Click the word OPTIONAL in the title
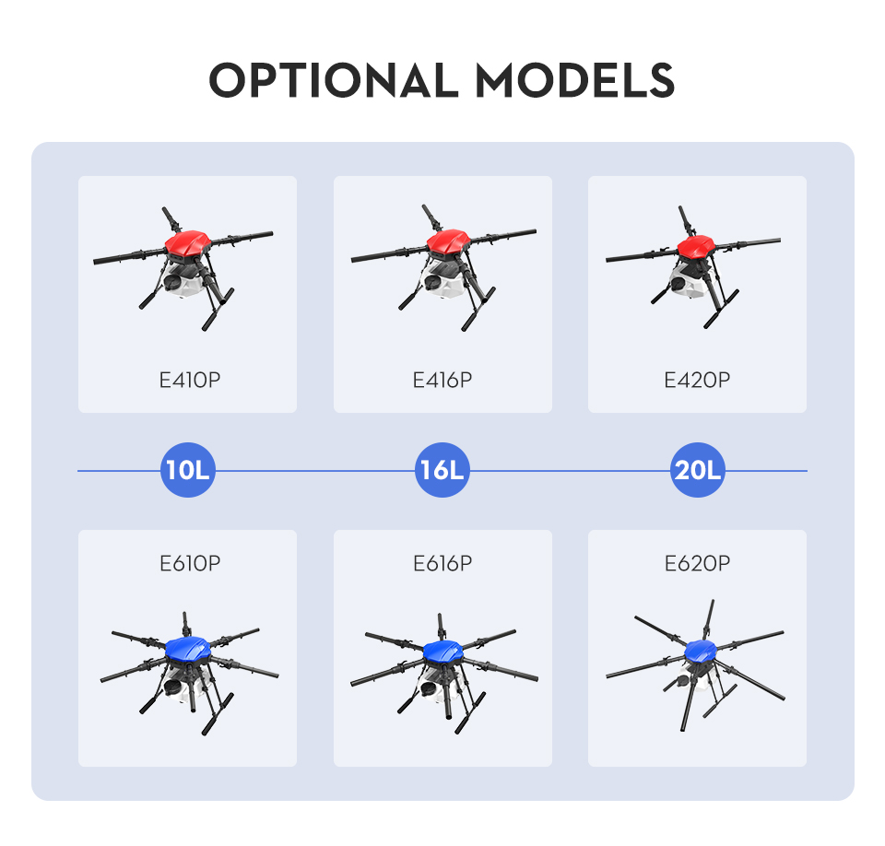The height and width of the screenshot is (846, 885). [334, 79]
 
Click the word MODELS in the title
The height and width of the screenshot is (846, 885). [575, 79]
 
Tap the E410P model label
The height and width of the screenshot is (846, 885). [190, 381]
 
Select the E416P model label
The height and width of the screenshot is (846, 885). [442, 381]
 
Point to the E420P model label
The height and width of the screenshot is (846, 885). [697, 381]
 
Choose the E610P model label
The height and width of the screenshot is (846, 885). [190, 563]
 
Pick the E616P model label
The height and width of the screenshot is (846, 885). [442, 563]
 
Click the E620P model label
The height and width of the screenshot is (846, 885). [697, 563]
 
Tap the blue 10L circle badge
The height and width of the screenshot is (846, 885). [188, 470]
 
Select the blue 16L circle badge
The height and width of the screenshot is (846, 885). [442, 470]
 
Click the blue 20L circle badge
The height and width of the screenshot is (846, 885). [698, 470]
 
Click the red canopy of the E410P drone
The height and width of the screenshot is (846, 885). [188, 243]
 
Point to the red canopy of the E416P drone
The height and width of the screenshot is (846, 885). [449, 241]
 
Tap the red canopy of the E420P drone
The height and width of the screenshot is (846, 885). [696, 247]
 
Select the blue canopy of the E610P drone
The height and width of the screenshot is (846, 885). [188, 649]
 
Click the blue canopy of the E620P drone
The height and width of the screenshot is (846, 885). [701, 651]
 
